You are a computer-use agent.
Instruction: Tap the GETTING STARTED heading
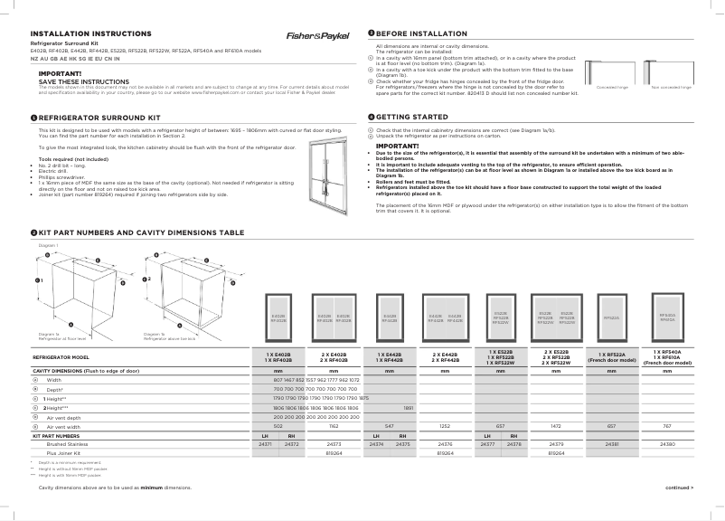coord(405,118)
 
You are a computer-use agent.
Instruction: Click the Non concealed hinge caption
coord(671,88)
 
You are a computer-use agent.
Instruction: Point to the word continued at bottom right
coord(678,488)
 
